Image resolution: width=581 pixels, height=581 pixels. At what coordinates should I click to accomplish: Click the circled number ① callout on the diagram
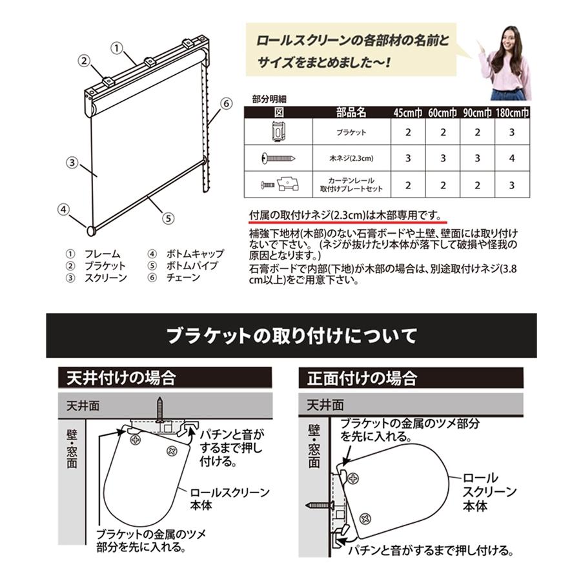pyautogui.click(x=117, y=47)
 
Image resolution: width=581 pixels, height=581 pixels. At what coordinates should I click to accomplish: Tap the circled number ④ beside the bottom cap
pyautogui.click(x=63, y=209)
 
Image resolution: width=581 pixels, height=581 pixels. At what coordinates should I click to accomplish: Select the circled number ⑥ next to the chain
pyautogui.click(x=225, y=103)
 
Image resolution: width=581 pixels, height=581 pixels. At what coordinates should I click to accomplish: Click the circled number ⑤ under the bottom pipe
pyautogui.click(x=168, y=218)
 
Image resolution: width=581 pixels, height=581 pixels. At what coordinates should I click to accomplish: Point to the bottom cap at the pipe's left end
pyautogui.click(x=90, y=229)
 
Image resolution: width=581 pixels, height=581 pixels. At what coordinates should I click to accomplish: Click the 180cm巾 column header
pyautogui.click(x=513, y=112)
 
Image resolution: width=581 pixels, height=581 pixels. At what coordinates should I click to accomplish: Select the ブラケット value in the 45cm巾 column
pyautogui.click(x=408, y=132)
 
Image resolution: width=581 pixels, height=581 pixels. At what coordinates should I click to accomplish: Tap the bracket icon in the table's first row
pyautogui.click(x=278, y=132)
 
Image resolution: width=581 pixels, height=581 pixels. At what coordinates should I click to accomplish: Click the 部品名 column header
pyautogui.click(x=351, y=112)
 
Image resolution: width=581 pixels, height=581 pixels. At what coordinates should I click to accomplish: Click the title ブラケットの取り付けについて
pyautogui.click(x=291, y=336)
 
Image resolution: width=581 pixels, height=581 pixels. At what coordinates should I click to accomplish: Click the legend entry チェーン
pyautogui.click(x=183, y=278)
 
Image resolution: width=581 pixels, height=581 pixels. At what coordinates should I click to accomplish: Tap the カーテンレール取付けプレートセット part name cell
pyautogui.click(x=351, y=185)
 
